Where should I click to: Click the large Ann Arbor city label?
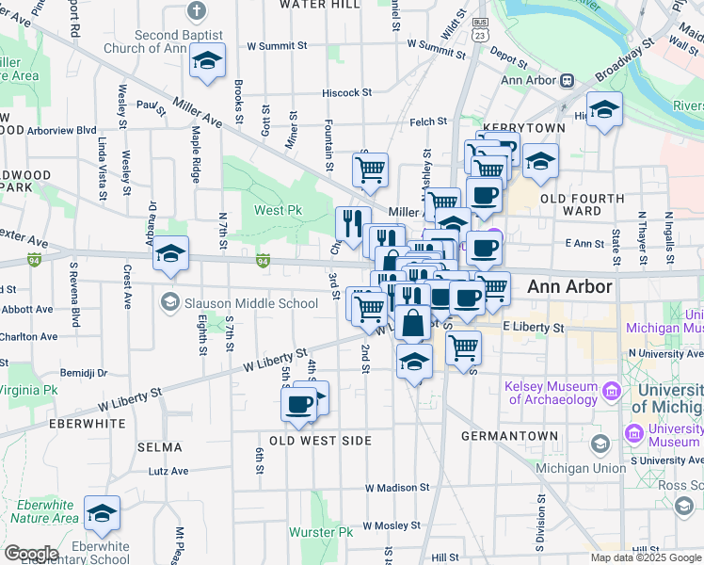569,286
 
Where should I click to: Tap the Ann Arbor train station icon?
568,80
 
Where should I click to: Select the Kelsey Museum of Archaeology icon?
612,389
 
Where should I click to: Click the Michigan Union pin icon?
600,443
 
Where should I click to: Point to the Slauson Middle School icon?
169,303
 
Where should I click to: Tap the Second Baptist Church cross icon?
196,10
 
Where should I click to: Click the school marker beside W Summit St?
207,61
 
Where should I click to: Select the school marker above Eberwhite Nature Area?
102,513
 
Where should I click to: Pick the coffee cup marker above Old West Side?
299,404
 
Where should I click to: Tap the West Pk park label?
278,210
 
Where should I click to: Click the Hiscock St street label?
347,93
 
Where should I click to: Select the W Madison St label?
397,488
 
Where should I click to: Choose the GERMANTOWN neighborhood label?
509,437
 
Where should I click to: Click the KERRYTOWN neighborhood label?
523,127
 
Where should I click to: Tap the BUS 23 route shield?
481,30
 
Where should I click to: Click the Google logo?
31,553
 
